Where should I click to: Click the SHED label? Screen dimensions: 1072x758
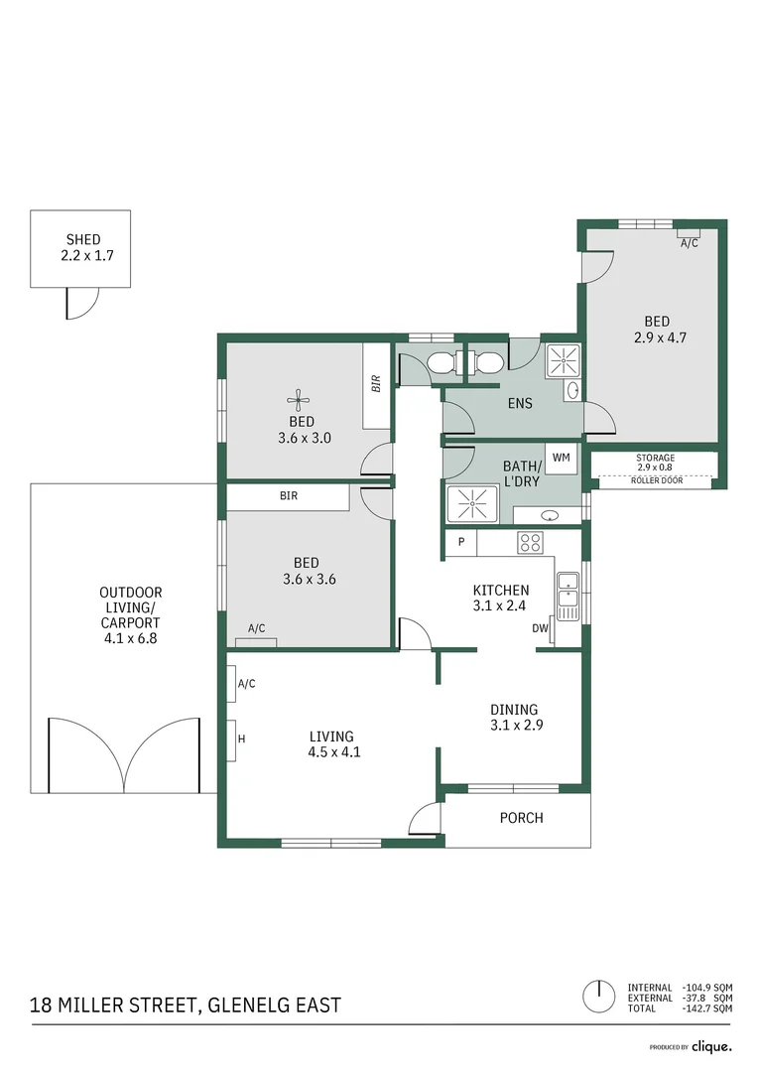coord(83,239)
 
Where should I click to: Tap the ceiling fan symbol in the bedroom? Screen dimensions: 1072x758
coord(299,401)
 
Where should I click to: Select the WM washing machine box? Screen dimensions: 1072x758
coord(562,458)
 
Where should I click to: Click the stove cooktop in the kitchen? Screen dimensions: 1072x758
coord(531,542)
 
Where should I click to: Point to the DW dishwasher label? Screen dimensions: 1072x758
coord(541,628)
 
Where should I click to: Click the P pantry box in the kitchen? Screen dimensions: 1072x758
coord(460,543)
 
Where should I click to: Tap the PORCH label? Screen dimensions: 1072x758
coord(521,818)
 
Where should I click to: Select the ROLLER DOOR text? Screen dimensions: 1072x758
coord(656,480)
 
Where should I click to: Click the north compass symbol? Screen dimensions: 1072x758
coord(597,994)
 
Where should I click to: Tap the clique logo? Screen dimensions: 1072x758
coord(711,1046)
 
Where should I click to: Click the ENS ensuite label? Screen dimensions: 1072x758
coord(519,403)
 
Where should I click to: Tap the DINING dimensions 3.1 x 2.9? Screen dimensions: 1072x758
coord(514,725)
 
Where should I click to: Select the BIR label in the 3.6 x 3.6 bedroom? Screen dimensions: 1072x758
coord(289,495)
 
